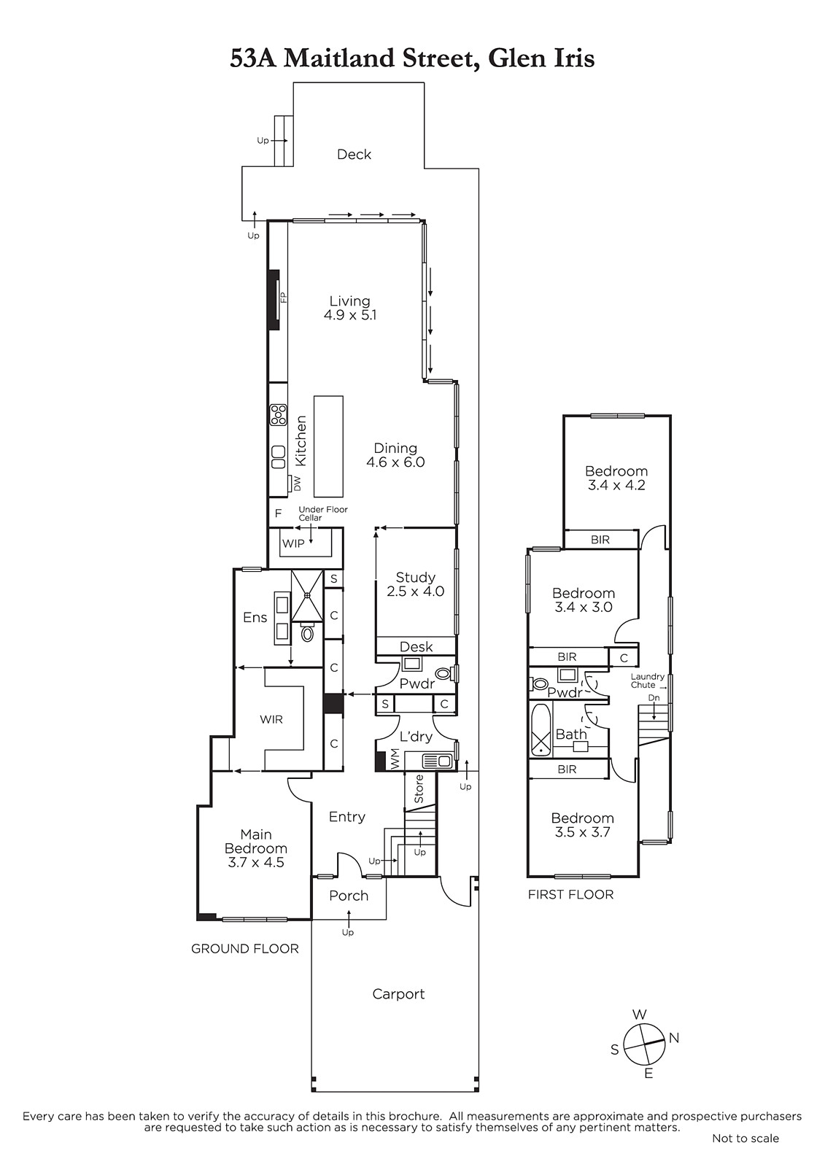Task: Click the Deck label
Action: (354, 154)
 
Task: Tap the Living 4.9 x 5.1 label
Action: (349, 308)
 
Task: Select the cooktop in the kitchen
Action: (278, 415)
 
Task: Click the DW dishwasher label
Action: (298, 483)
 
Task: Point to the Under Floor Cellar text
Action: (323, 513)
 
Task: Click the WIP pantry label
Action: (293, 543)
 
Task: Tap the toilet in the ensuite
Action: (308, 633)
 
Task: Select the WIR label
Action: (271, 719)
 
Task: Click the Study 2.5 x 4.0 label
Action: (415, 584)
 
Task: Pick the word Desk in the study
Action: (417, 646)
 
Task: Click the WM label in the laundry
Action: (395, 759)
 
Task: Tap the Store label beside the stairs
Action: (419, 788)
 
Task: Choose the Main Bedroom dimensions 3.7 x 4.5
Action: (256, 862)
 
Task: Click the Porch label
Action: (349, 896)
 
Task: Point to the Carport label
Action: (399, 994)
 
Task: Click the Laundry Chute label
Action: (647, 681)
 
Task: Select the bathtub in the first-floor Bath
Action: (541, 729)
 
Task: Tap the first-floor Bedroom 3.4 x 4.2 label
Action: (616, 478)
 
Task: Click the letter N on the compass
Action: (674, 1038)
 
